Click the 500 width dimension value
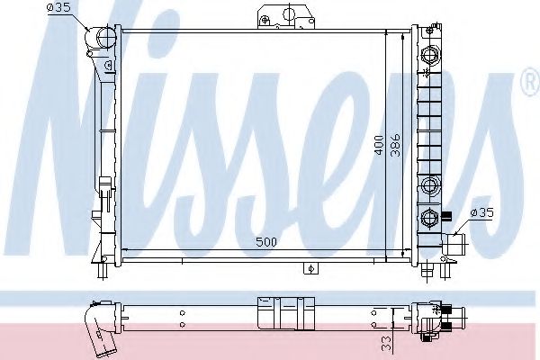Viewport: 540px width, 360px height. (266, 242)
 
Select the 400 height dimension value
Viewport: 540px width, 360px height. (379, 145)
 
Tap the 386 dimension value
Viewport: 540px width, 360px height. (396, 144)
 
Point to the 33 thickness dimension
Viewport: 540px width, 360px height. (387, 343)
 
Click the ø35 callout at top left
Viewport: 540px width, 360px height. (59, 7)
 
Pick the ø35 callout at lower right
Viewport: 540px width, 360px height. (481, 213)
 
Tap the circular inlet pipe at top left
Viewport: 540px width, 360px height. (106, 37)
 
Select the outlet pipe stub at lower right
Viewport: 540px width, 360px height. (454, 244)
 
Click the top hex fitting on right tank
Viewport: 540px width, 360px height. (429, 55)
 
